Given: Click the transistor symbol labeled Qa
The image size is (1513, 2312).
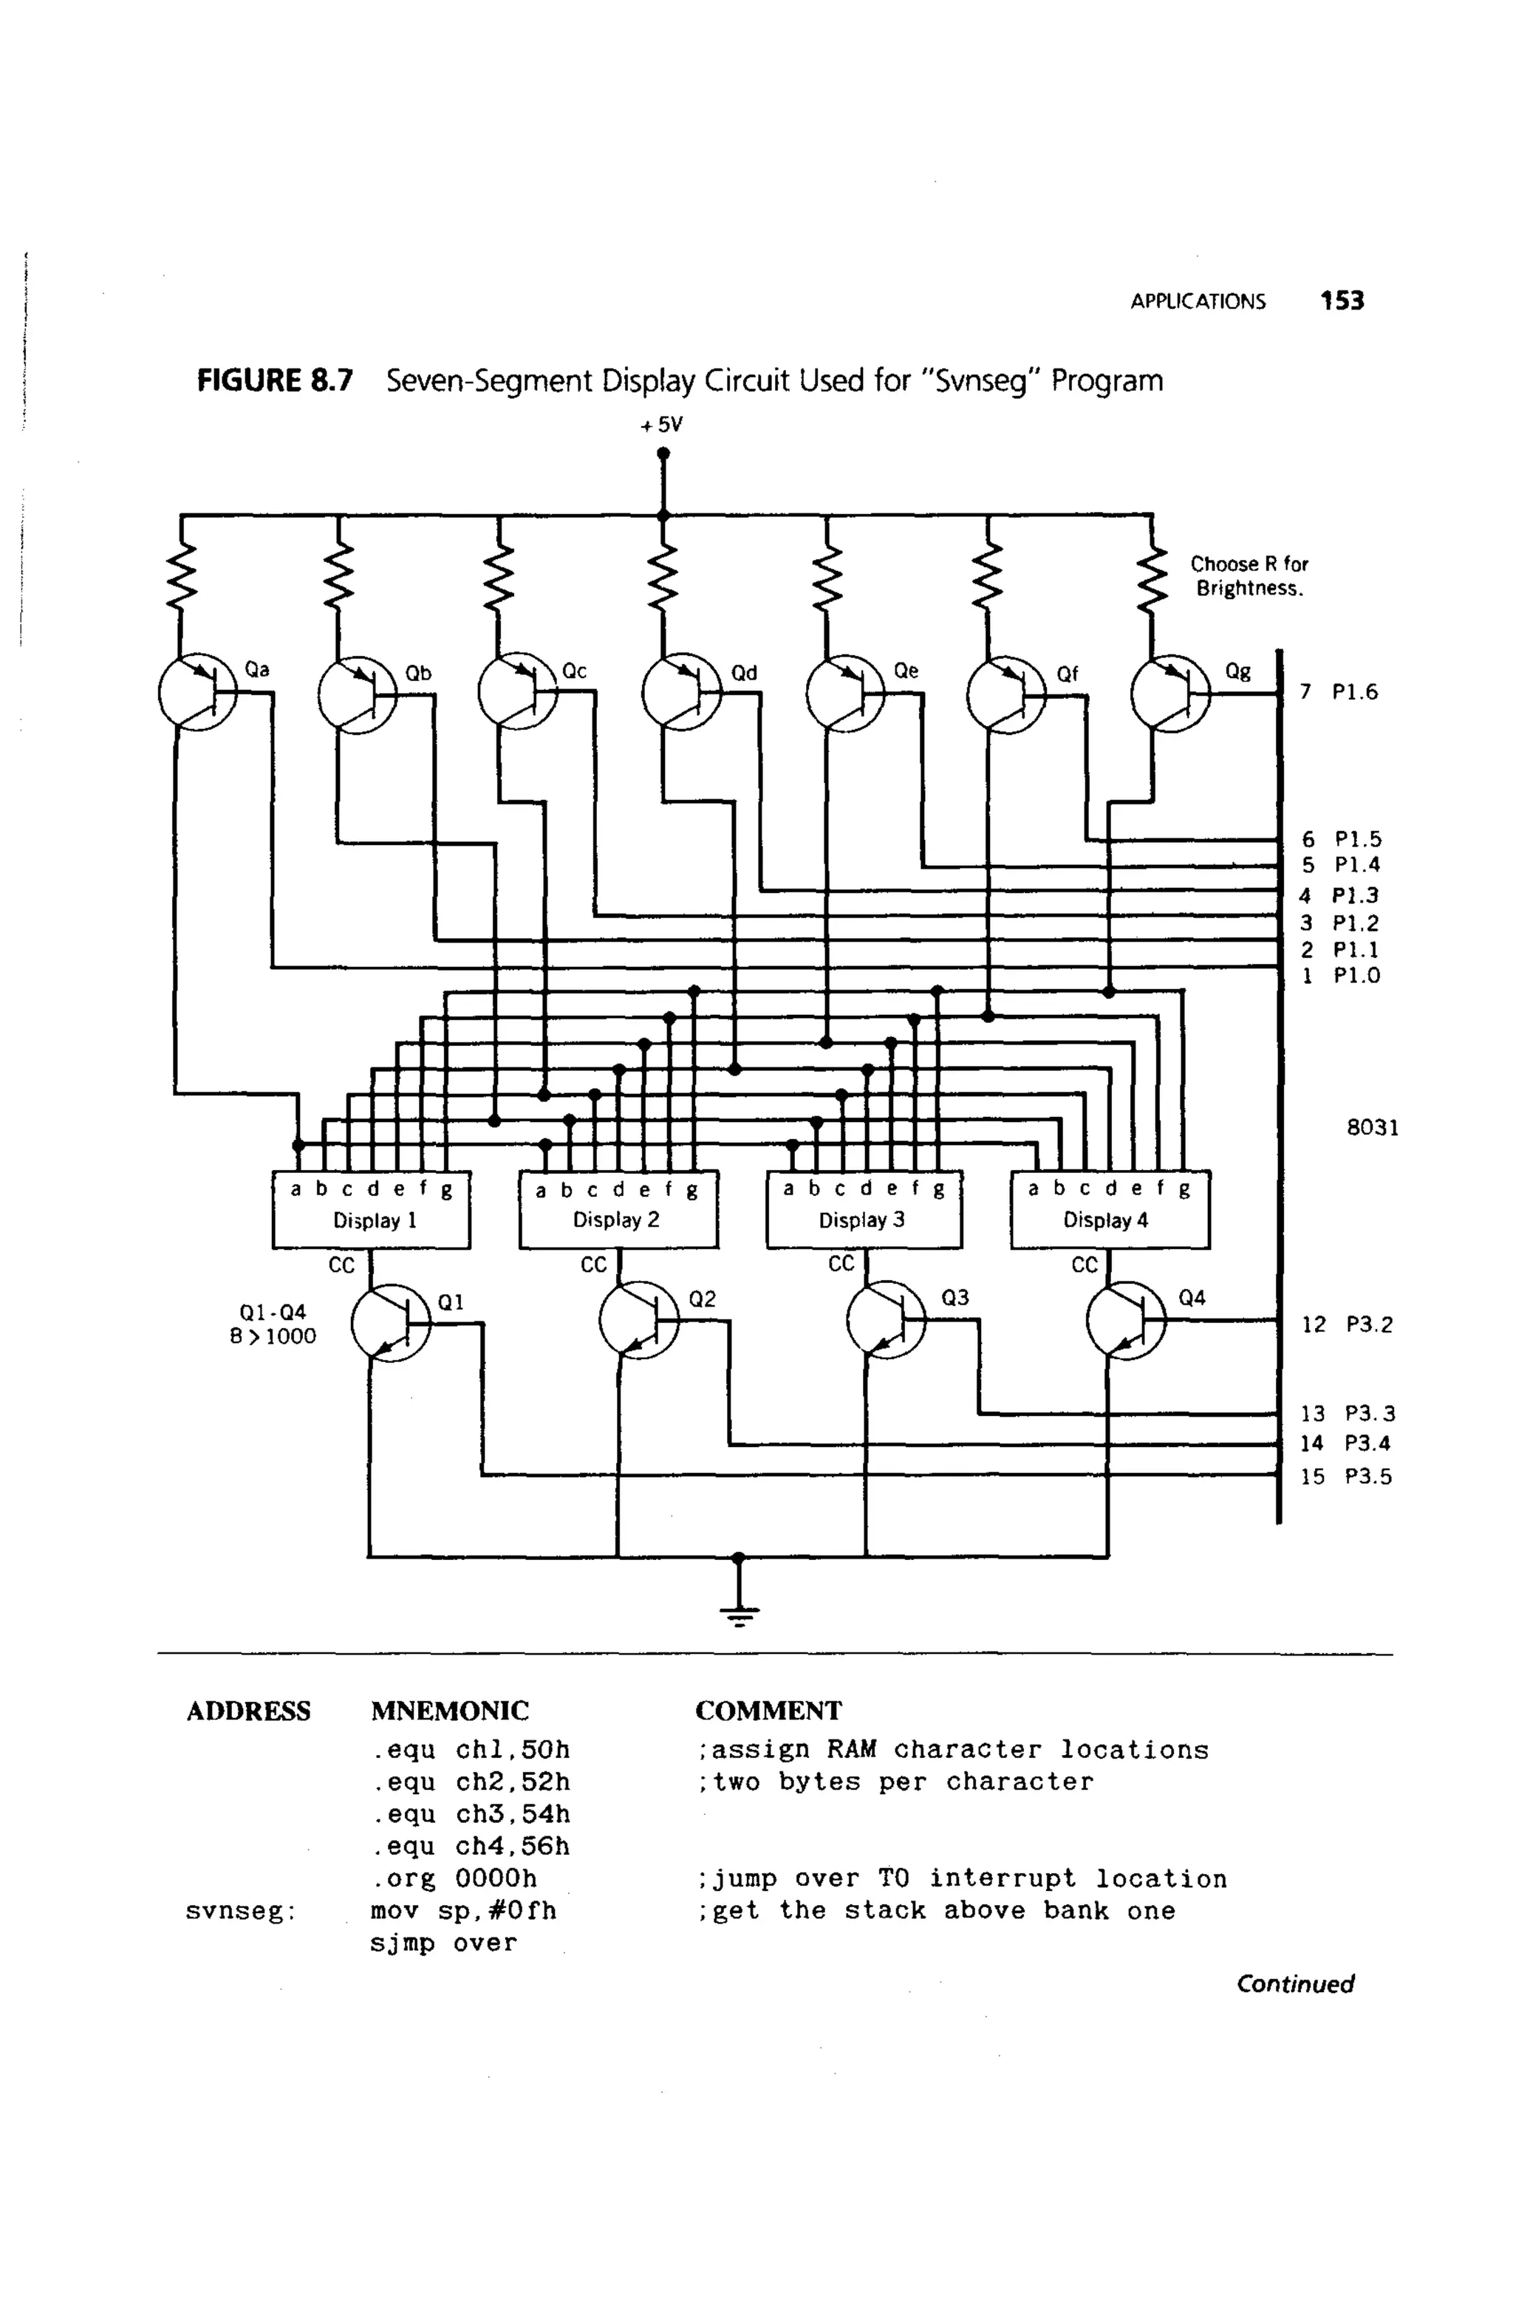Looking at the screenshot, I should (197, 691).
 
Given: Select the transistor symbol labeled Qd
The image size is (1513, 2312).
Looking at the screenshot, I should (681, 691).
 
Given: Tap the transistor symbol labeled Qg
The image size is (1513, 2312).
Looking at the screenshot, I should (1170, 691).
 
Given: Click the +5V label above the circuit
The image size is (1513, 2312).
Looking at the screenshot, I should (662, 425).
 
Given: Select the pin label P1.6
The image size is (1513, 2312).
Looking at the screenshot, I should (1355, 691).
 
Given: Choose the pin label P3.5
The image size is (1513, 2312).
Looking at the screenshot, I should (1367, 1477).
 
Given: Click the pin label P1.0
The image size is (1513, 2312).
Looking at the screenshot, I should (1356, 975).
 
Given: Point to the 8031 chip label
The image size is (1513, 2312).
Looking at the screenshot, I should (1372, 1127).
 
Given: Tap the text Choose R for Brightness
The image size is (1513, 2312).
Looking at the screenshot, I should (1249, 576).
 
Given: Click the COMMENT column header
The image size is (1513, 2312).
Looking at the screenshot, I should (768, 1711).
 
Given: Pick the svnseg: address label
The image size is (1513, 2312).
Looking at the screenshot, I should (240, 1912).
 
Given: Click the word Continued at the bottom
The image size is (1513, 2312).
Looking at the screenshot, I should (1294, 1983).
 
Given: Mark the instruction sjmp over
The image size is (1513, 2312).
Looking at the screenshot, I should (443, 1943).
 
